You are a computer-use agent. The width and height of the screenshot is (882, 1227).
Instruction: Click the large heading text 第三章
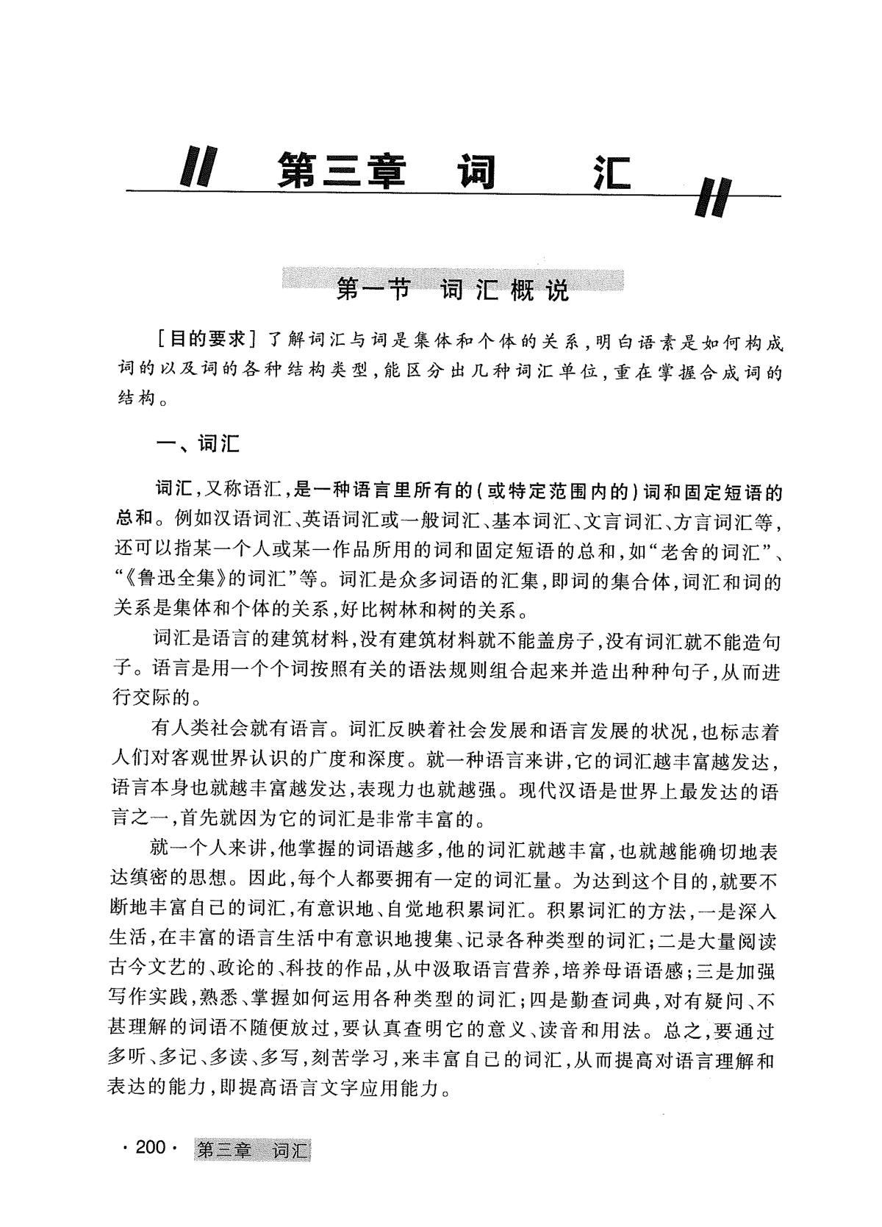[342, 172]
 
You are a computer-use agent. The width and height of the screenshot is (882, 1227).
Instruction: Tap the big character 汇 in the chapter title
[612, 172]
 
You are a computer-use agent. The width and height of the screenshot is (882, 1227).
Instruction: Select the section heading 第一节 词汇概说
[452, 290]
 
